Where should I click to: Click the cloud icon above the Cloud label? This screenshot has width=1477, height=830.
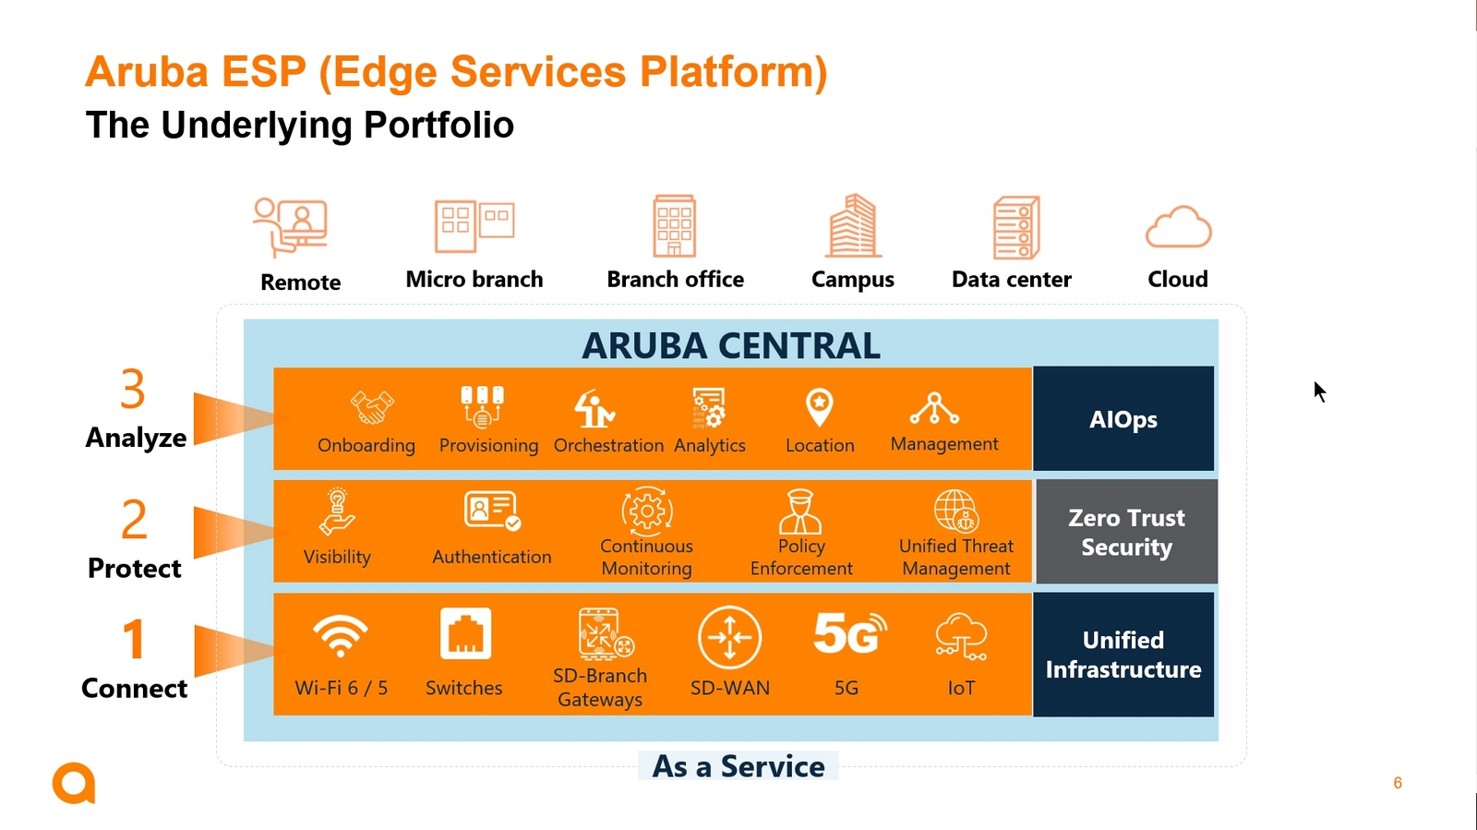point(1178,227)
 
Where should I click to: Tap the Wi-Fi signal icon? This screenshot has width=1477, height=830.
point(341,635)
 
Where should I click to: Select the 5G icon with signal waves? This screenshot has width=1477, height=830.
point(850,632)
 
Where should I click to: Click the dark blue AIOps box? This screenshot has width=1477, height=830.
point(1123,418)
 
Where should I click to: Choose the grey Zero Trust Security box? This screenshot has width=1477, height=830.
point(1127,532)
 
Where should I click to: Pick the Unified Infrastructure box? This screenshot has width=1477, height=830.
point(1123,654)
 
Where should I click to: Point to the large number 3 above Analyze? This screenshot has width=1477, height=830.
point(133,389)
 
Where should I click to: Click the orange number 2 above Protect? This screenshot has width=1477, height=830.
point(134,520)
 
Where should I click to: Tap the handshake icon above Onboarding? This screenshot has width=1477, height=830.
point(372,407)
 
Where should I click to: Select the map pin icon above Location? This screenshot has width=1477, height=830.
point(820,407)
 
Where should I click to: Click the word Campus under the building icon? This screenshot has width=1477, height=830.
point(853,280)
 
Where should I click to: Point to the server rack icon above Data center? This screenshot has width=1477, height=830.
point(1016,227)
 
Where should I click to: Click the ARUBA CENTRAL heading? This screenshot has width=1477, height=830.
point(730,345)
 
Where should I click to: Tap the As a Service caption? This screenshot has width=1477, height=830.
point(738,766)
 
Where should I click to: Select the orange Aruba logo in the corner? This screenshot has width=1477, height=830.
point(74,783)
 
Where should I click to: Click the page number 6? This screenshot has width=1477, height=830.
point(1398,783)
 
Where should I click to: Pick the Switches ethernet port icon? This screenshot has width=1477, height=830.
point(465,633)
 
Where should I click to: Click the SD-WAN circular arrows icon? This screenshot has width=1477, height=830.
point(729,637)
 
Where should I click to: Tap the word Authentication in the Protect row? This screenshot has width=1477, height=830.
point(492,557)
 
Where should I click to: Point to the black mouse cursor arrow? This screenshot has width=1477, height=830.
point(1319,391)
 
